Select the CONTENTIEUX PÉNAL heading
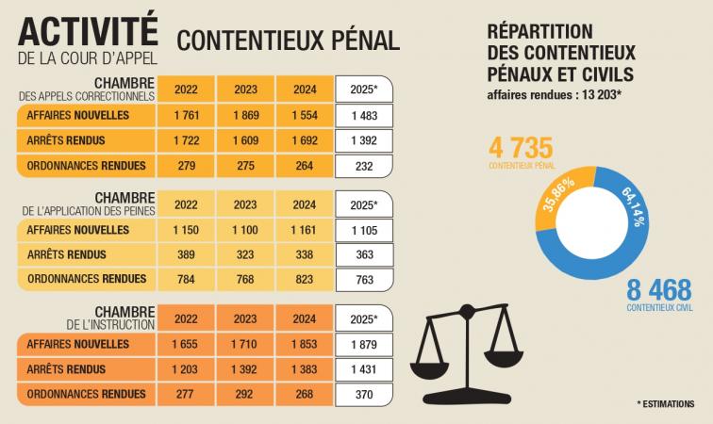click(x=288, y=40)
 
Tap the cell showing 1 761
click(x=190, y=116)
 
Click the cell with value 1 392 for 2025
click(x=363, y=141)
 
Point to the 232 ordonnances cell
click(x=363, y=167)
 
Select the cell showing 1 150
click(x=190, y=229)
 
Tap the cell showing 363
click(x=363, y=253)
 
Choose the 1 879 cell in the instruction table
click(x=363, y=345)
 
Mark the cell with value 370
click(x=363, y=394)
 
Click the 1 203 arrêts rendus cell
click(x=190, y=369)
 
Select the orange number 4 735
click(x=520, y=148)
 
